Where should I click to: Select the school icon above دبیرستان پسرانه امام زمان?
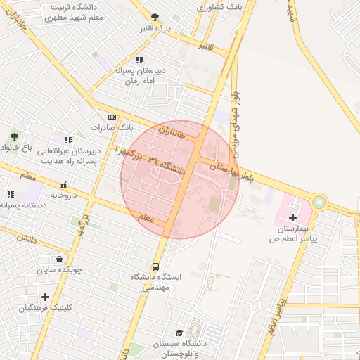point(140,60)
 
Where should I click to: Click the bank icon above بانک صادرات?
point(112,117)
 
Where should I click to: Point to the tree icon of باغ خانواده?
point(14,136)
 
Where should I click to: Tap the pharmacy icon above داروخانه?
point(64,184)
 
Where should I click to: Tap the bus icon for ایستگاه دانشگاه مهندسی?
point(155,266)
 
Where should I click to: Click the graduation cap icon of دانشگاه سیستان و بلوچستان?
point(179,333)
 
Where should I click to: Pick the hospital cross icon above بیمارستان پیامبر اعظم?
point(293,218)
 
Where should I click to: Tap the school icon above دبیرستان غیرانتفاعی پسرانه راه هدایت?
point(68,140)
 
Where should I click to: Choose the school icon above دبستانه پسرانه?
point(10,194)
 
